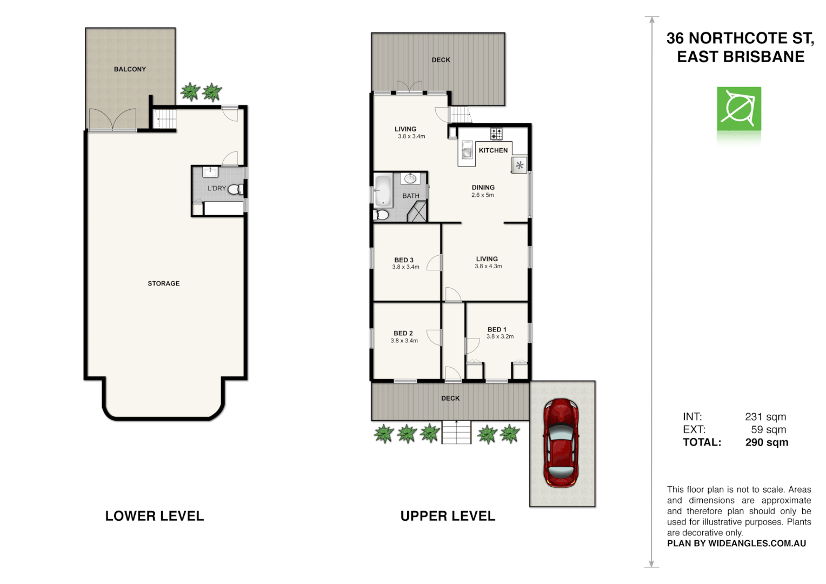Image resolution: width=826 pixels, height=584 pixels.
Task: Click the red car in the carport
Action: coord(561,443)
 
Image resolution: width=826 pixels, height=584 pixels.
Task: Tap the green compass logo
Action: coord(739,109)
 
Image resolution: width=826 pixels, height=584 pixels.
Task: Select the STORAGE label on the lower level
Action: coord(163,283)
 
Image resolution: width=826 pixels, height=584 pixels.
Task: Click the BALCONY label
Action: coord(130,69)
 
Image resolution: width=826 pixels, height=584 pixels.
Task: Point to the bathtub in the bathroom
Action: coord(383,190)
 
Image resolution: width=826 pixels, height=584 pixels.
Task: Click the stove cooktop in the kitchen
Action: coord(496,134)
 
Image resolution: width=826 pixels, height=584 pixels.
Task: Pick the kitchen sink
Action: coord(467,150)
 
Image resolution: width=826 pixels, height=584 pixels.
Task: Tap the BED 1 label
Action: coord(497,329)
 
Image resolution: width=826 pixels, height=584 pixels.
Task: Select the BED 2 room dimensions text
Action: coord(404,341)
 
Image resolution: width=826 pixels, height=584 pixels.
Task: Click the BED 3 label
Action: coord(404,260)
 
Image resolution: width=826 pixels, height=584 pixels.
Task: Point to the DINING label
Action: coord(483,188)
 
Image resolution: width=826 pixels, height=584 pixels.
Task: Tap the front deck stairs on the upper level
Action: coord(456,432)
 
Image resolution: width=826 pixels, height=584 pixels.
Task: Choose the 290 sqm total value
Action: coord(767,442)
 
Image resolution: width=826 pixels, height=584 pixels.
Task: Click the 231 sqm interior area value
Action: coord(765,417)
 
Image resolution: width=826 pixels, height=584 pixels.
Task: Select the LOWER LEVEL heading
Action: coord(155,516)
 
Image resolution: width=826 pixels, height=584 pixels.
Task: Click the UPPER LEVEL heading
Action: coord(448,516)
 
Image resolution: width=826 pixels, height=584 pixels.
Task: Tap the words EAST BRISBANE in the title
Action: coord(741,57)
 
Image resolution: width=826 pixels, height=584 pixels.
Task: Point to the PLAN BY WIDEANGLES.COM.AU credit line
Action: coord(736,543)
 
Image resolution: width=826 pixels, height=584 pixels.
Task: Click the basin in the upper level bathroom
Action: coord(410,178)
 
